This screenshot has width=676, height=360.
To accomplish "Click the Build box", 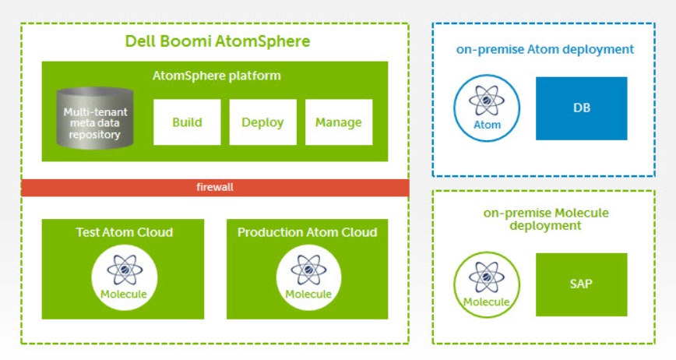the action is (x=187, y=122).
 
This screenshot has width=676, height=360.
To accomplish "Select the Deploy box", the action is (x=263, y=122).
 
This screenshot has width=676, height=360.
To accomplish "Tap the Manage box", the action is (x=339, y=122).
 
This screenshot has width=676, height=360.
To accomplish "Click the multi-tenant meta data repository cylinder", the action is (x=95, y=118).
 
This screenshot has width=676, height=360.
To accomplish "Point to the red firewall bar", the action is (x=215, y=188).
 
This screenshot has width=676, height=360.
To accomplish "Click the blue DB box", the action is (x=582, y=108).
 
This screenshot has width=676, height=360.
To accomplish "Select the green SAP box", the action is (x=582, y=284).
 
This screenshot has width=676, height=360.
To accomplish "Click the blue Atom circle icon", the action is (x=487, y=108).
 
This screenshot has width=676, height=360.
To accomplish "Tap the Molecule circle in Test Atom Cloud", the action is (x=124, y=277).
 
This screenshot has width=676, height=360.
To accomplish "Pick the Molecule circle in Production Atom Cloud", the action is (x=308, y=277).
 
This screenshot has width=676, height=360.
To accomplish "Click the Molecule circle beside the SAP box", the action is (x=487, y=285).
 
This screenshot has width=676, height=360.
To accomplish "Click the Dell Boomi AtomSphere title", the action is (x=218, y=41).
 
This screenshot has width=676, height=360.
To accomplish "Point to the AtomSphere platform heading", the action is (x=217, y=76).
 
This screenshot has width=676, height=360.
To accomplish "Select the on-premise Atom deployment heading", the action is (x=545, y=50).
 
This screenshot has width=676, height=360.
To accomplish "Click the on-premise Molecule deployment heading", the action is (x=546, y=219).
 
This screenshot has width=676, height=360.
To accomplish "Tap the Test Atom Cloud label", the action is (x=125, y=232).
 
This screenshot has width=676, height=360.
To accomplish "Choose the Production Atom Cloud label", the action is (x=308, y=232).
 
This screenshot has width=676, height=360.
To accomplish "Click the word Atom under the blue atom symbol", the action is (x=488, y=125).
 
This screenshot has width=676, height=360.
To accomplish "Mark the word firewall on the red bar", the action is (x=215, y=188).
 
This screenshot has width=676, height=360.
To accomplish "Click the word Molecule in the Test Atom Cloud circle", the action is (x=124, y=295).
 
